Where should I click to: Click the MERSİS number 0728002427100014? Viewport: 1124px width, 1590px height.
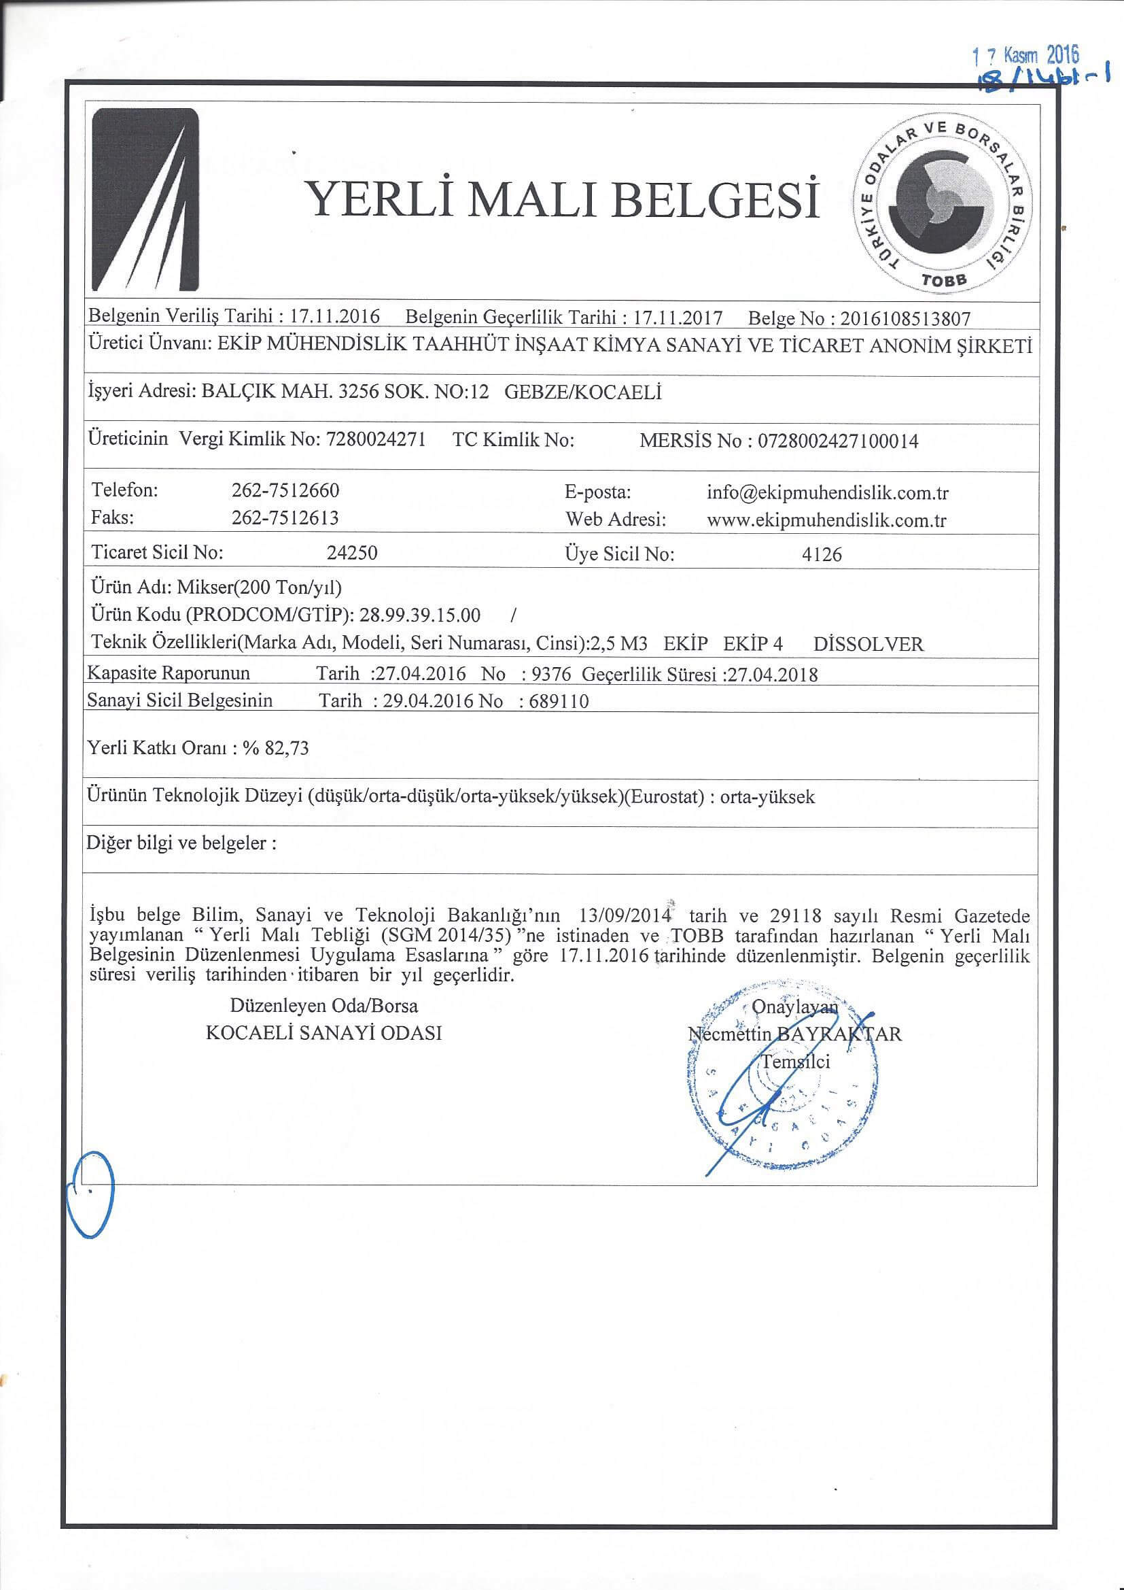[x=839, y=441]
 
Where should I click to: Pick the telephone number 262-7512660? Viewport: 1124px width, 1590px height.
[x=285, y=490]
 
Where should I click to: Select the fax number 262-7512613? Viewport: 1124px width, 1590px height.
[x=285, y=518]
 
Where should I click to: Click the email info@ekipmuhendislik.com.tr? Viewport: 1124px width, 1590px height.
[x=827, y=493]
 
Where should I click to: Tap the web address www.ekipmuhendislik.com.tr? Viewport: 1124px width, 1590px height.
[x=826, y=521]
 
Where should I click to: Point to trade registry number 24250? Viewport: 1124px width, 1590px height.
[x=351, y=554]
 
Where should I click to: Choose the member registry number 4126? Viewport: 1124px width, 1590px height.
[x=822, y=554]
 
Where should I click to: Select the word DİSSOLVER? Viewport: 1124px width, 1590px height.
[x=868, y=645]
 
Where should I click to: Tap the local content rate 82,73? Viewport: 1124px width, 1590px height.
[x=287, y=748]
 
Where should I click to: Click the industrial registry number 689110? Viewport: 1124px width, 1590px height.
[x=558, y=701]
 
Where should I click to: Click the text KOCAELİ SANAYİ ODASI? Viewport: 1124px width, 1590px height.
[x=324, y=1033]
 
